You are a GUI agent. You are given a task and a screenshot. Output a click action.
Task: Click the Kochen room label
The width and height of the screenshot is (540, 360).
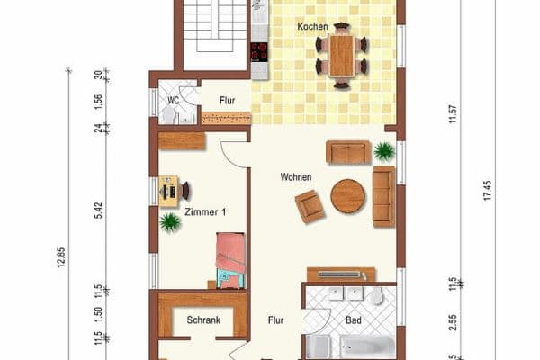pyautogui.click(x=312, y=27)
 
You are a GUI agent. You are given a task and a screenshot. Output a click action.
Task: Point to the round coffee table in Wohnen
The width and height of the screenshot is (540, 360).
pyautogui.click(x=347, y=195)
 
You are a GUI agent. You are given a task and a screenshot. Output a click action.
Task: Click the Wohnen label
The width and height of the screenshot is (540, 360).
pyautogui.click(x=295, y=177)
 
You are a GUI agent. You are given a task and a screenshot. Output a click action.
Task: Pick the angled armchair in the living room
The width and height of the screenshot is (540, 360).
pyautogui.click(x=310, y=207)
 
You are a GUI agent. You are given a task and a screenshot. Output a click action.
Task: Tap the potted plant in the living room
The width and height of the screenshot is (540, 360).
pyautogui.click(x=384, y=150)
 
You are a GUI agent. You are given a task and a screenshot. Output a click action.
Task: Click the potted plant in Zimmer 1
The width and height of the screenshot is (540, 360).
pyautogui.click(x=169, y=222)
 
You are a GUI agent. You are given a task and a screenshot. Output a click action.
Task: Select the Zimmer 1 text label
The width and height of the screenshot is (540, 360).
pyautogui.click(x=204, y=212)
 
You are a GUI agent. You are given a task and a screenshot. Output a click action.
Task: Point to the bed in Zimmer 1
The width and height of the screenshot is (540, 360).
pyautogui.click(x=229, y=260)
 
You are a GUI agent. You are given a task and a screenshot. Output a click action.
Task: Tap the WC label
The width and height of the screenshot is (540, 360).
pyautogui.click(x=173, y=101)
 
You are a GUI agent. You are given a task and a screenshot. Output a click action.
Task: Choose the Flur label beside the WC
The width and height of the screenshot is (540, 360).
pyautogui.click(x=226, y=101)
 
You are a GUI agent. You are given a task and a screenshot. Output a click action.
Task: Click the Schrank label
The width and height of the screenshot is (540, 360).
pyautogui.click(x=203, y=320)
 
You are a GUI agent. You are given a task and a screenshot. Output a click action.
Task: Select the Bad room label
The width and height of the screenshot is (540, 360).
pyautogui.click(x=354, y=319)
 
